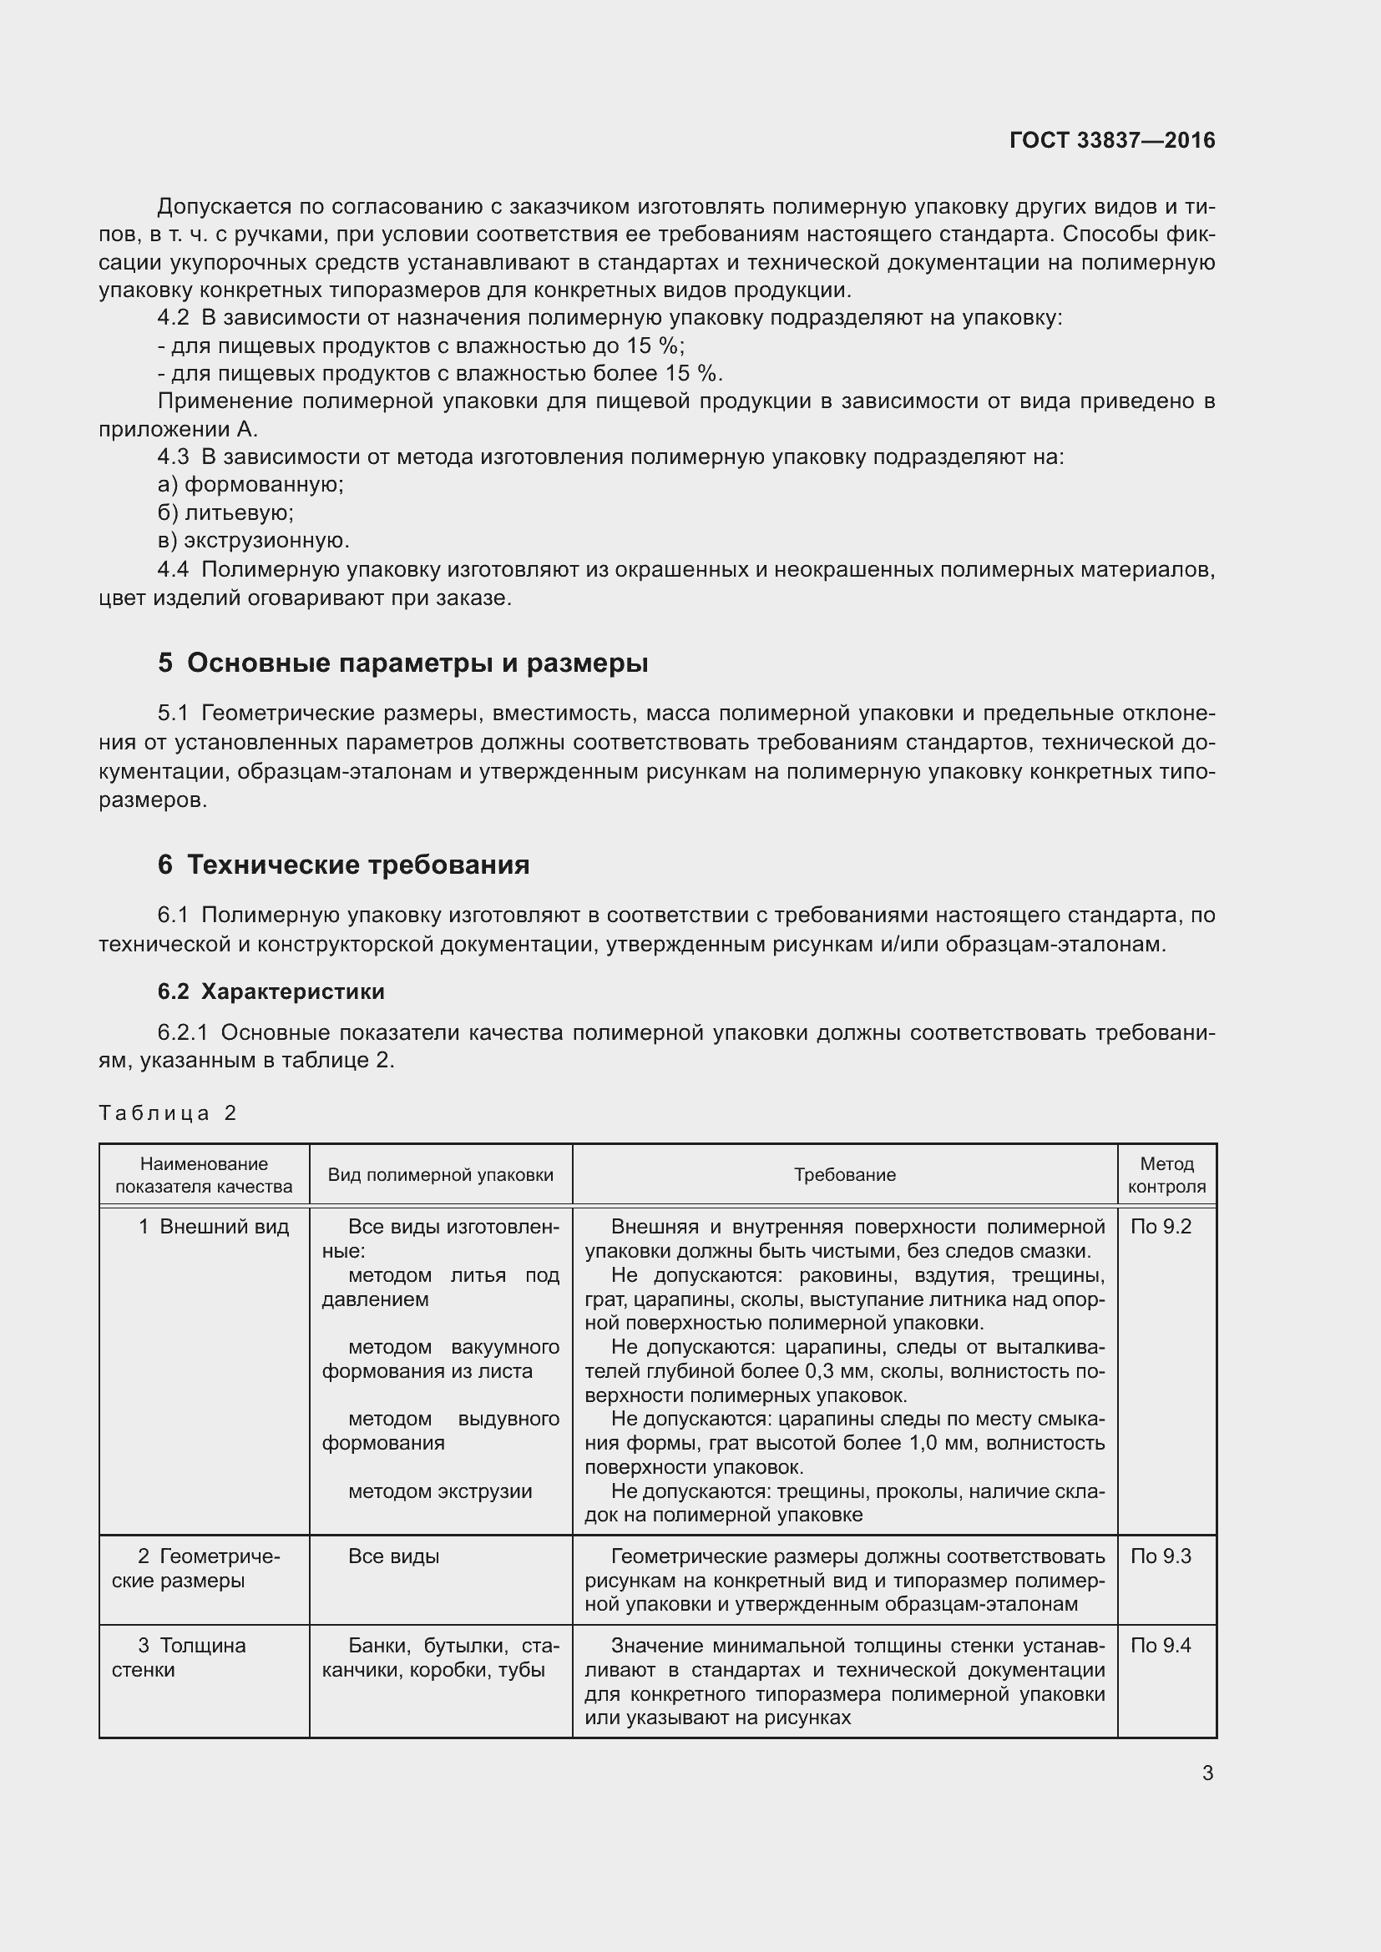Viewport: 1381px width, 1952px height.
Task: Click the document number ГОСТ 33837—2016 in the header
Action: (x=1111, y=140)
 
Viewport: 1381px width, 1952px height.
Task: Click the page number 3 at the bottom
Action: (x=1207, y=1773)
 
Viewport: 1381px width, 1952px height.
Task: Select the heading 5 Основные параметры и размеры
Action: (x=402, y=663)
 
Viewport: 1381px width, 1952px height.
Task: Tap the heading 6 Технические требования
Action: (x=343, y=865)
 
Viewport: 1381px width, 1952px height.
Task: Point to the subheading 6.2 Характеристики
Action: (x=271, y=991)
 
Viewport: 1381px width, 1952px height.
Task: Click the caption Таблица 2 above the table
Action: (x=168, y=1113)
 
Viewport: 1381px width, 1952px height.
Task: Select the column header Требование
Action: (x=844, y=1175)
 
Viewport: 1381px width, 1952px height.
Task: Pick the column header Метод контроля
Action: (x=1166, y=1175)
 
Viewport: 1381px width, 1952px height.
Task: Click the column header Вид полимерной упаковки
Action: (x=441, y=1175)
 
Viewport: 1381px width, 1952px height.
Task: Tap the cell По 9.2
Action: (x=1161, y=1227)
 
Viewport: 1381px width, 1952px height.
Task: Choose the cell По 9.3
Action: (x=1161, y=1556)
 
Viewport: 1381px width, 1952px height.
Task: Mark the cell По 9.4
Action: (x=1161, y=1646)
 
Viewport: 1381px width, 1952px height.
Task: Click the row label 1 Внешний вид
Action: (x=215, y=1227)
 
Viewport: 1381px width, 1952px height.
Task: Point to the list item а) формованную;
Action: (x=250, y=485)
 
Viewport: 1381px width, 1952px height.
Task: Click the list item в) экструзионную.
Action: (x=254, y=541)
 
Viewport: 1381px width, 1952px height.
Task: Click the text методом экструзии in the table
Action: (x=440, y=1491)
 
